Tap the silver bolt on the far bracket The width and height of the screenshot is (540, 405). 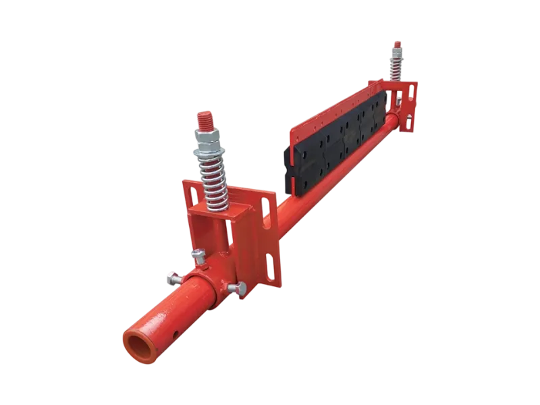pos(399,102)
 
